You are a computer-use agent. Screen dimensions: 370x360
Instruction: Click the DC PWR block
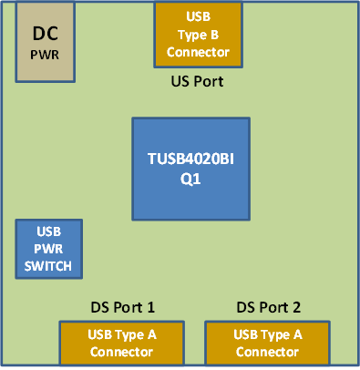click(x=46, y=42)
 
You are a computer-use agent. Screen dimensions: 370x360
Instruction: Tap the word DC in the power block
click(x=46, y=34)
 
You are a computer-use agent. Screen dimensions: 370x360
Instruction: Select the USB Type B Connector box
click(x=198, y=35)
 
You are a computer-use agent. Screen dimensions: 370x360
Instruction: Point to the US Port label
click(x=198, y=81)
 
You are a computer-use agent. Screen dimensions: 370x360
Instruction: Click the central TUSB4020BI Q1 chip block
click(x=190, y=169)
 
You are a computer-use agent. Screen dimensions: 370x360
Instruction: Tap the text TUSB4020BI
click(x=190, y=160)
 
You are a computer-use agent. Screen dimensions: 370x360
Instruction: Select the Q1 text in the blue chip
click(x=190, y=180)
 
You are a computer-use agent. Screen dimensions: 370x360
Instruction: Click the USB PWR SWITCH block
click(x=49, y=249)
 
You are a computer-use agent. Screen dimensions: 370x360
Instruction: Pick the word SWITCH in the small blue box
click(x=49, y=266)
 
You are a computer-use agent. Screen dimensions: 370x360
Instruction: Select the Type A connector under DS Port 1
click(x=122, y=343)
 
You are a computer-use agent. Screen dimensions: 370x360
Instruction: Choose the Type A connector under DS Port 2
click(x=268, y=343)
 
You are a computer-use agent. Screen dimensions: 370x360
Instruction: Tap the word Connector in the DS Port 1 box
click(x=122, y=352)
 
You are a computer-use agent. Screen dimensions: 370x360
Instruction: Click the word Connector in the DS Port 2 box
click(x=268, y=352)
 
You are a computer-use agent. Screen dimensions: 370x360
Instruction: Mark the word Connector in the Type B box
click(x=198, y=52)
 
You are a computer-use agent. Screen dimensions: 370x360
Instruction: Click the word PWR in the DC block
click(x=46, y=55)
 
